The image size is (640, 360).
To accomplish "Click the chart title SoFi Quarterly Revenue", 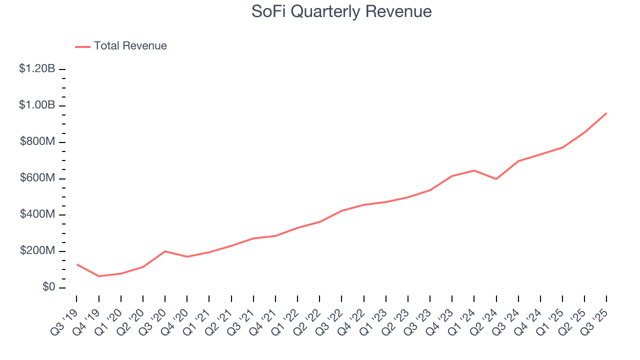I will click(x=341, y=11).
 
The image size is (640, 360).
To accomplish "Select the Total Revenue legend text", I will click(x=130, y=46).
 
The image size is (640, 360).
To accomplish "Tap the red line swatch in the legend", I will click(x=82, y=46).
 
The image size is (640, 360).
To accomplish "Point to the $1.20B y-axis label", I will click(x=37, y=69).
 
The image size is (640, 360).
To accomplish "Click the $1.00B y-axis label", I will click(x=37, y=105).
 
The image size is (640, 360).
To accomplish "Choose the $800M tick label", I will click(x=37, y=142).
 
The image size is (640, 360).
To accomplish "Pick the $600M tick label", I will click(x=37, y=178).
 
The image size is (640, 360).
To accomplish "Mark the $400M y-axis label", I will click(x=37, y=214).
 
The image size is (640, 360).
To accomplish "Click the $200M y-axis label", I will click(x=37, y=251).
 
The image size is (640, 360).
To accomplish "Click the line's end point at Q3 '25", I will click(x=606, y=113).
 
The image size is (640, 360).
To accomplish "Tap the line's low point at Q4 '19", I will click(x=98, y=276).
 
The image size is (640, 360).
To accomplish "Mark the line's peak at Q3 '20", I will click(x=165, y=251).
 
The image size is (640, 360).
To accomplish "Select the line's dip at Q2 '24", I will click(x=496, y=179).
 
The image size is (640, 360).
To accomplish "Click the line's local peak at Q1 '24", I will click(x=474, y=170).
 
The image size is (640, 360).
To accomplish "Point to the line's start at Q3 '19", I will click(x=76, y=264).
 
